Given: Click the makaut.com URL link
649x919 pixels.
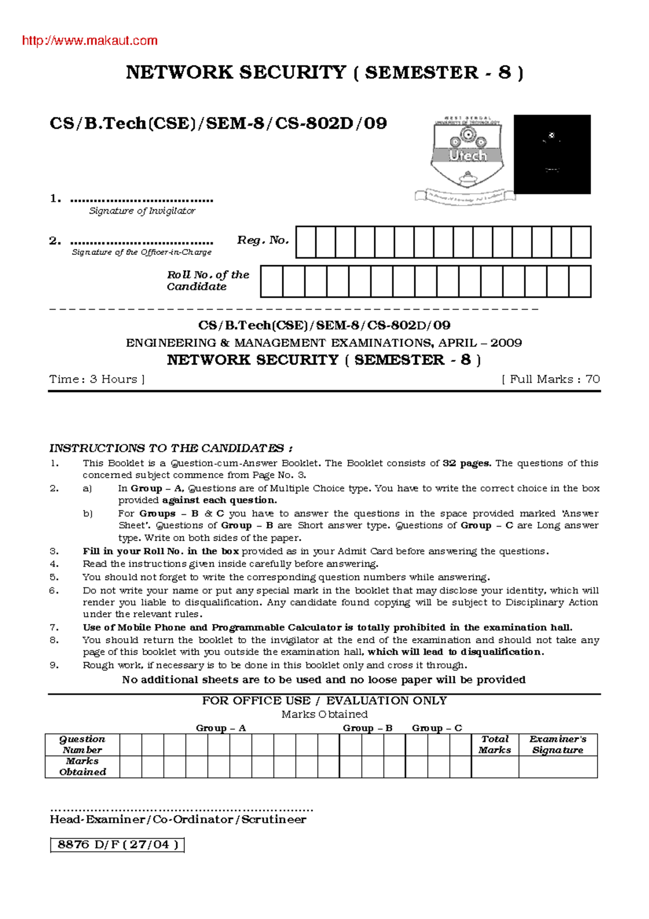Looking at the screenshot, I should click(x=90, y=41).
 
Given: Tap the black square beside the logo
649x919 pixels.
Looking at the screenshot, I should click(x=552, y=154).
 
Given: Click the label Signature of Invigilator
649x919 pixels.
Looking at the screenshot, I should click(x=142, y=211).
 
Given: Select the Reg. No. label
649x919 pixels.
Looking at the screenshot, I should click(x=263, y=240).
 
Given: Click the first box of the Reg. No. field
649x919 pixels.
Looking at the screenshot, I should click(x=306, y=242).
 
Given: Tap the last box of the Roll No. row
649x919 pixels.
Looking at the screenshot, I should click(x=579, y=281).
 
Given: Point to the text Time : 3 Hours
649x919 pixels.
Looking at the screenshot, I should click(x=97, y=379).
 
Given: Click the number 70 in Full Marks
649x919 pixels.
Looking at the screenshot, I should click(x=593, y=379).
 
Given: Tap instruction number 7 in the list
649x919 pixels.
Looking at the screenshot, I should click(x=54, y=627).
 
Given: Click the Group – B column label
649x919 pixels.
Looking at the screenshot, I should click(x=367, y=728).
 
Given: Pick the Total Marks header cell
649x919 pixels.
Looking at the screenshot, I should click(x=494, y=745).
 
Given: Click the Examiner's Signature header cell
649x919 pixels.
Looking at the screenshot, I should click(x=558, y=745).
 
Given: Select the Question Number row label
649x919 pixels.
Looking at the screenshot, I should click(x=82, y=745).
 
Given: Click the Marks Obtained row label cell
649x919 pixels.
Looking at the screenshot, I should click(x=82, y=766).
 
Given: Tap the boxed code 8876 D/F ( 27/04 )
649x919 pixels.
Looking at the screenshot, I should click(x=117, y=845).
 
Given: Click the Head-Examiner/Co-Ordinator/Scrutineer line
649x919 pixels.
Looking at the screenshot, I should click(x=178, y=819).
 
